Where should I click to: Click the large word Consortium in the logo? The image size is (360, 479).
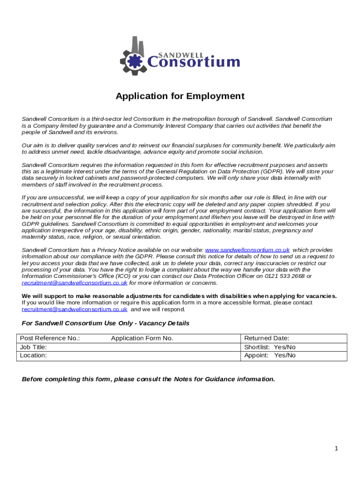tap(194, 61)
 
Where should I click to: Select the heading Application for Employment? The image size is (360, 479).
tap(180, 96)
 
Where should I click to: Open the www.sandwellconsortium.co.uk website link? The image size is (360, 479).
tap(247, 250)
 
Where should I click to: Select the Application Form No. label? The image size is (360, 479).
tap(142, 338)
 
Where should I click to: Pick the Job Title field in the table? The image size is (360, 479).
tap(33, 347)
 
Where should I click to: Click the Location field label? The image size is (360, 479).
tap(33, 356)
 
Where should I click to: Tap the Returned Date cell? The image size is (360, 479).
tap(267, 338)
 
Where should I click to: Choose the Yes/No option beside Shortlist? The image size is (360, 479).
tap(285, 347)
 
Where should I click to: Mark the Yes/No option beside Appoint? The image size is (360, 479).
tap(285, 356)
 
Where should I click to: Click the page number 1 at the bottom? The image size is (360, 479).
tap(336, 449)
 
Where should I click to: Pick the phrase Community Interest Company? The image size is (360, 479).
tap(171, 126)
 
